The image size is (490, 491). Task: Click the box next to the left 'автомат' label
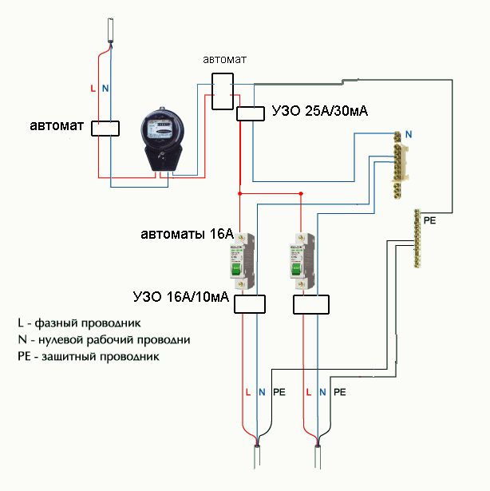[104, 128]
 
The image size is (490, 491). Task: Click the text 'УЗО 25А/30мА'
[319, 111]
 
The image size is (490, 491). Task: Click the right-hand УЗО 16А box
[311, 304]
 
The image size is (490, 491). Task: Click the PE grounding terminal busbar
[416, 240]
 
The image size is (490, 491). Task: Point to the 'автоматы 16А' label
[187, 235]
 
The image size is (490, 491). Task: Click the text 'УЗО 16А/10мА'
[181, 298]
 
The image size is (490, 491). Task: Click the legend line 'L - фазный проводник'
[79, 324]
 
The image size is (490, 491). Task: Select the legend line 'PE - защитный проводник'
[88, 356]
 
